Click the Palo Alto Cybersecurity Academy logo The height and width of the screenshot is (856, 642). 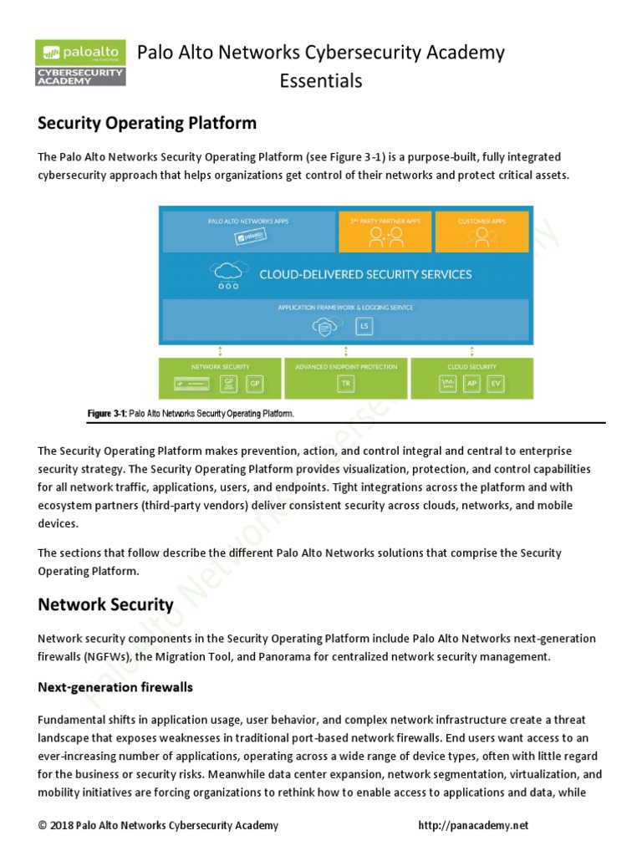click(80, 64)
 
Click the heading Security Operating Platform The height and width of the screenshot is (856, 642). click(147, 123)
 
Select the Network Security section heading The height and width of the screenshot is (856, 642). click(105, 604)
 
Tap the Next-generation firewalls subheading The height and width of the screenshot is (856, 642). click(115, 687)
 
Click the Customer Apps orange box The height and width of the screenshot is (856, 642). click(482, 232)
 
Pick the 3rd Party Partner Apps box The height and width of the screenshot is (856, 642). click(385, 232)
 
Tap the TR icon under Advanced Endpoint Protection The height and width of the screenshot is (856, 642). click(346, 384)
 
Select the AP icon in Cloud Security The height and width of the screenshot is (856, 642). click(473, 384)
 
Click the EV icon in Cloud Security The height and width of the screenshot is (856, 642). click(497, 384)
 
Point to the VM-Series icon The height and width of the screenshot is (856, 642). click(449, 384)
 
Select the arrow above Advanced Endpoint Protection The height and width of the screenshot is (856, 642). click(345, 351)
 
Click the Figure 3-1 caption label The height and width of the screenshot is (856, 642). click(107, 413)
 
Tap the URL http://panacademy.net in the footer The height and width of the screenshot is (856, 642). click(473, 826)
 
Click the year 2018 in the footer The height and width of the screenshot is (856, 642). click(62, 826)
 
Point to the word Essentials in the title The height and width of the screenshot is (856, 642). click(321, 80)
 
